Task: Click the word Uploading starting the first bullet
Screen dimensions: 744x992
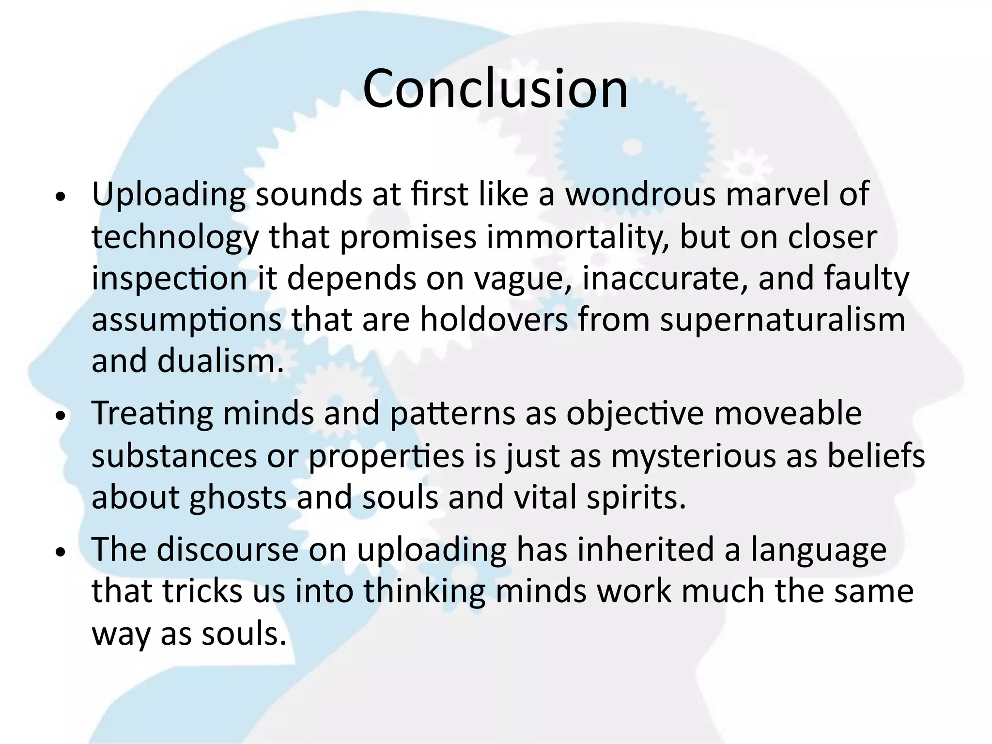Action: tap(168, 195)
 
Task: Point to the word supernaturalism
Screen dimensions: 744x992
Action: tap(782, 320)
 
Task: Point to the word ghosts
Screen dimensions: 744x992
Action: tap(238, 498)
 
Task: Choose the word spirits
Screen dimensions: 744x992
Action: tap(636, 498)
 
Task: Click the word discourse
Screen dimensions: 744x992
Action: tap(227, 550)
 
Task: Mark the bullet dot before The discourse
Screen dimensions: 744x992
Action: tap(60, 553)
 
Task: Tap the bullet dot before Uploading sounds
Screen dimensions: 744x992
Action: tap(60, 198)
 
